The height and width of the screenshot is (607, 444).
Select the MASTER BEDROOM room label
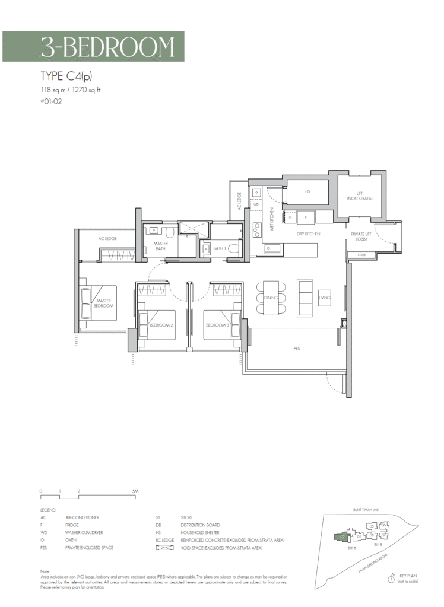[104, 303]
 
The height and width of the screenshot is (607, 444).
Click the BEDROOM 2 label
[161, 325]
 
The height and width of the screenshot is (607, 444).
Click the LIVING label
[324, 298]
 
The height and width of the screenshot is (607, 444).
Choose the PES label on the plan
[296, 349]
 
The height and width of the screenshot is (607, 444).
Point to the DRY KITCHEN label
[309, 234]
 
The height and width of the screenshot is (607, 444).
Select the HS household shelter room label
[307, 192]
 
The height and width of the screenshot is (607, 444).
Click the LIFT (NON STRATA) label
[360, 195]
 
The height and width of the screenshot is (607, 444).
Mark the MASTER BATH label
[161, 247]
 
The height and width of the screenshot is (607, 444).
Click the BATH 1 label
[218, 248]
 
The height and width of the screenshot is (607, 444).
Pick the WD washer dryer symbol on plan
[256, 205]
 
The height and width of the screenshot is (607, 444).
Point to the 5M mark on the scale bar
[135, 491]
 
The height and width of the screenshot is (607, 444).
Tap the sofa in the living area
[306, 298]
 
